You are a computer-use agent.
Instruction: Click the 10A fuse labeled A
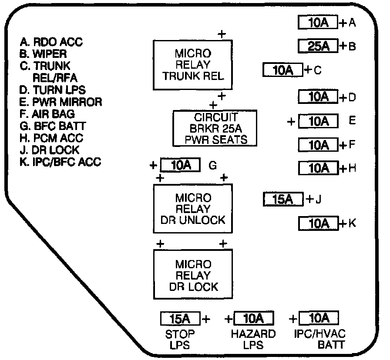point(318,23)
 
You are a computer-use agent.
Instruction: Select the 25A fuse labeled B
point(318,46)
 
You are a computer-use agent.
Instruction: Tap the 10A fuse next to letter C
point(283,70)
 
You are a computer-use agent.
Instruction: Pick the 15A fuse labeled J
point(283,200)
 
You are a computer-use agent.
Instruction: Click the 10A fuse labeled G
point(180,165)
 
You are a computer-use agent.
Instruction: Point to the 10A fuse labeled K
point(318,223)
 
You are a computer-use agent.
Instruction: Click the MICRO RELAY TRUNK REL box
point(192,65)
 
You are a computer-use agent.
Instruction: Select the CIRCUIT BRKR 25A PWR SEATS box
point(215,128)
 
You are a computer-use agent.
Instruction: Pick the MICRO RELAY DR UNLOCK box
point(193,209)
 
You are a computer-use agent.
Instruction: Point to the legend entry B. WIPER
point(43,54)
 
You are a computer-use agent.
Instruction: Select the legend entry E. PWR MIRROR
point(61,102)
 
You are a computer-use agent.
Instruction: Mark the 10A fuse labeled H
point(318,168)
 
